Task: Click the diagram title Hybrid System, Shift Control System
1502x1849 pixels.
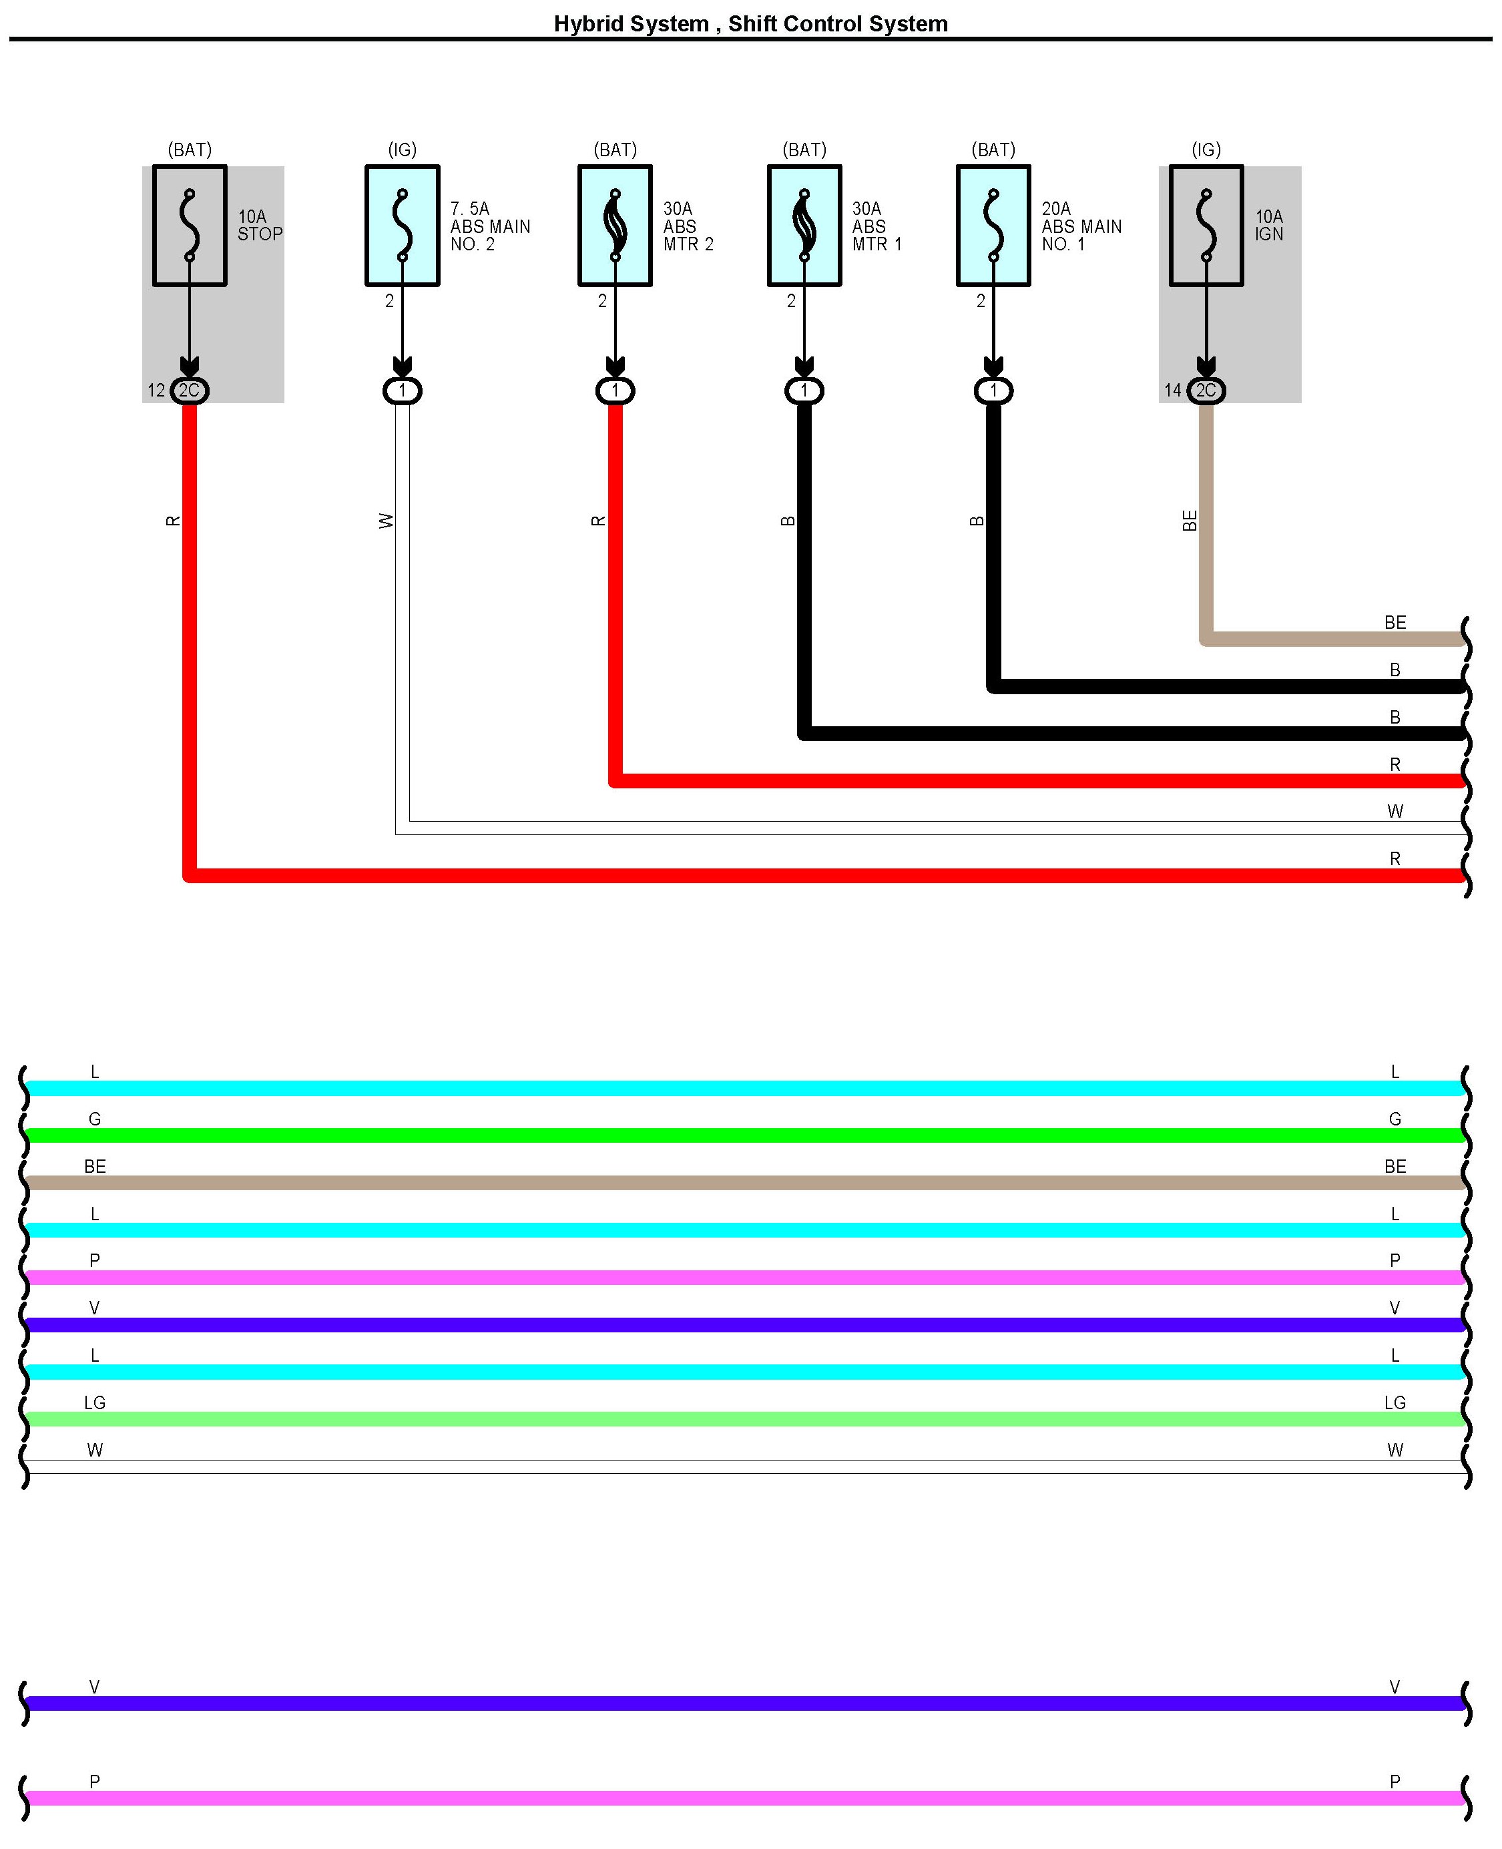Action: (750, 23)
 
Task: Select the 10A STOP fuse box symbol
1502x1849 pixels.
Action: (190, 226)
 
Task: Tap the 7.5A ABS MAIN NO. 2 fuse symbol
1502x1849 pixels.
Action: (403, 226)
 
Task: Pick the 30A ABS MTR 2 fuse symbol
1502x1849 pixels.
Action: (615, 226)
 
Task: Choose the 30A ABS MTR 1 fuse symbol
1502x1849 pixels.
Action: (804, 226)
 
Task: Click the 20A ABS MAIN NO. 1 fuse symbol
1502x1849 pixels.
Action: (993, 226)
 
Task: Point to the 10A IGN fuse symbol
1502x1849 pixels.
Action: (1206, 226)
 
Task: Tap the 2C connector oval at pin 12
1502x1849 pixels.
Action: (190, 390)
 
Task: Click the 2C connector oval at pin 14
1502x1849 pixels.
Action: (1206, 390)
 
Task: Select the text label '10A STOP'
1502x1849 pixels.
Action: (260, 225)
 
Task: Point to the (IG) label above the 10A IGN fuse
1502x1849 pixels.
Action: (1206, 150)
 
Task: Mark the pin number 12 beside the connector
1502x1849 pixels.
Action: (156, 390)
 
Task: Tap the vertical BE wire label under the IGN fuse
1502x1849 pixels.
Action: (1190, 520)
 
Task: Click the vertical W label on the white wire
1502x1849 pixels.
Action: (386, 520)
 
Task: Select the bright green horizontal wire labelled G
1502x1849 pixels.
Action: (744, 1135)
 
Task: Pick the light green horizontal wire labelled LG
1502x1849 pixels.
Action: (744, 1419)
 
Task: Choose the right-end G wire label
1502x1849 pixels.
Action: (1395, 1119)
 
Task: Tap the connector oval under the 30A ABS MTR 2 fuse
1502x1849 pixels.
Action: (615, 390)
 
